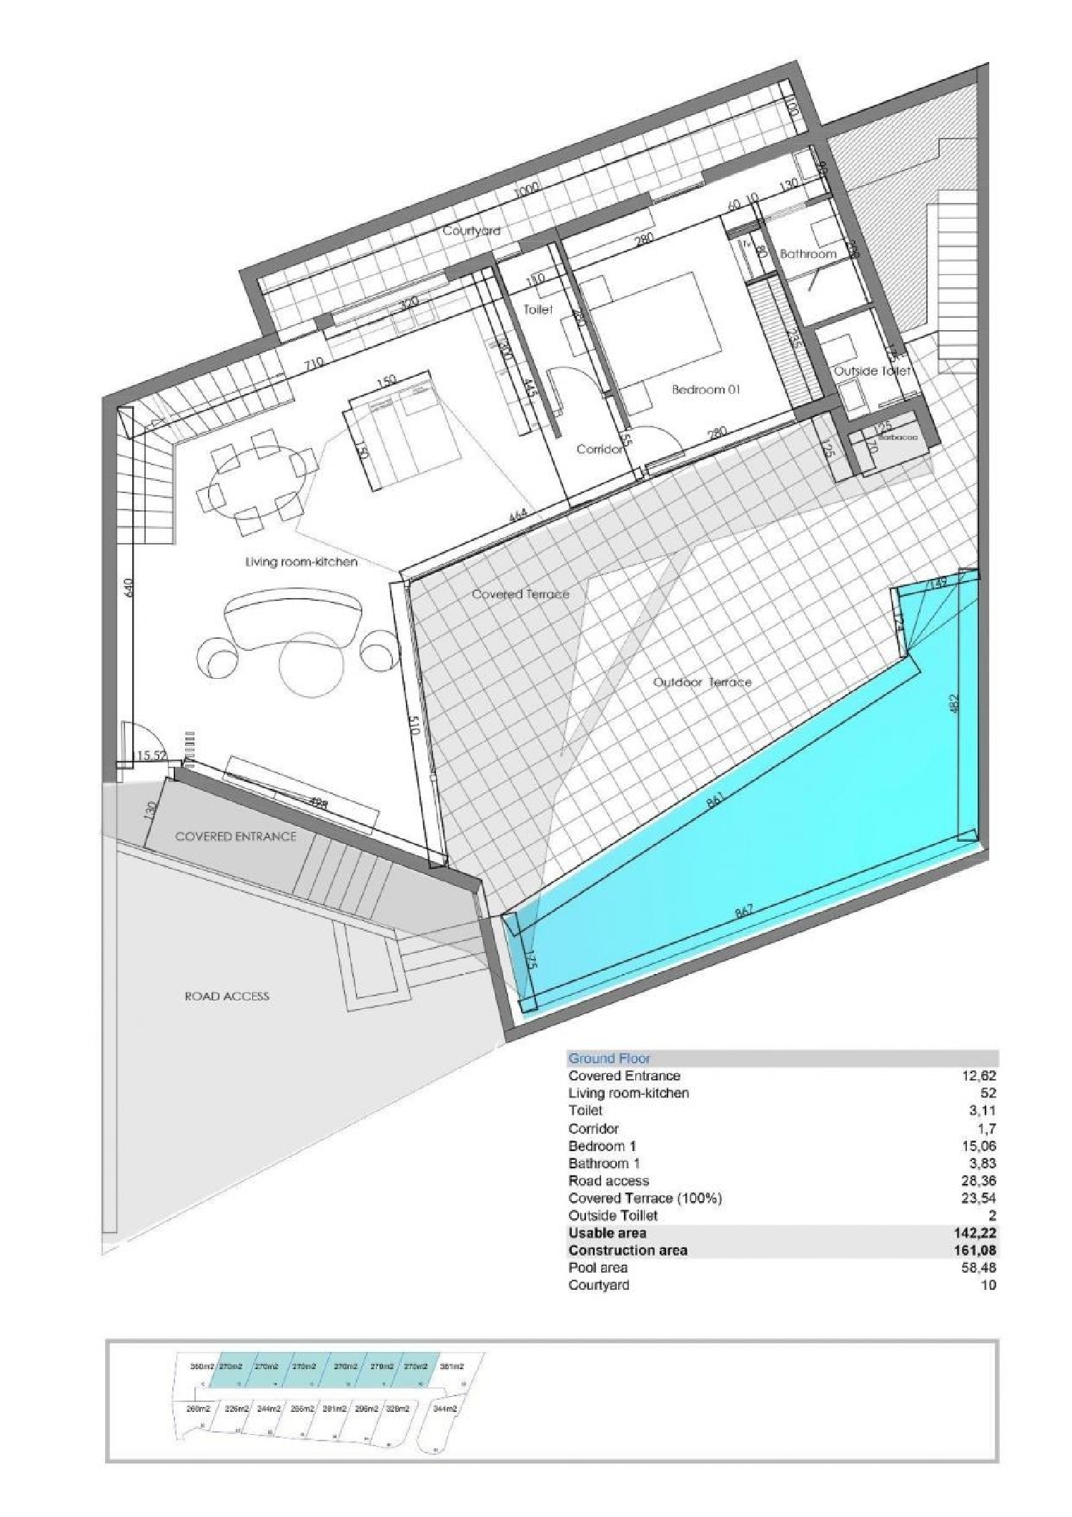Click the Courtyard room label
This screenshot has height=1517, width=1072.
click(471, 231)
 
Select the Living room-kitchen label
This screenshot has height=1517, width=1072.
click(301, 562)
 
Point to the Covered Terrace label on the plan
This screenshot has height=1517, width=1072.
click(520, 594)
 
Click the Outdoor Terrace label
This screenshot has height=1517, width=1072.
click(703, 682)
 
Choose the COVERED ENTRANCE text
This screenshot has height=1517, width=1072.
click(235, 836)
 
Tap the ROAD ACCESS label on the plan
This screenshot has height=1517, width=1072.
click(227, 995)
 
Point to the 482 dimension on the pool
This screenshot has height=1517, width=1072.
click(954, 705)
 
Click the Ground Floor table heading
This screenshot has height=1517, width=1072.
click(609, 1058)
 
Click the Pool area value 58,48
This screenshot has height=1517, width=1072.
click(980, 1268)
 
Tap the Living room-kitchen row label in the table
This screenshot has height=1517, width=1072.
click(628, 1093)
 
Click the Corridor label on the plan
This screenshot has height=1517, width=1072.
click(599, 449)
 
